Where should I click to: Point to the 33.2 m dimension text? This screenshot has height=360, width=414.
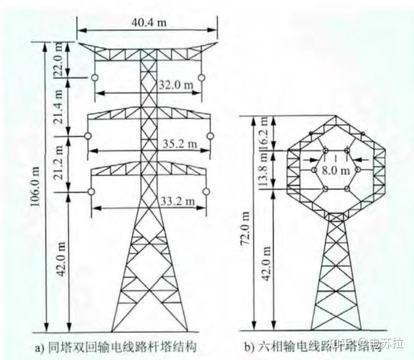tap(179, 201)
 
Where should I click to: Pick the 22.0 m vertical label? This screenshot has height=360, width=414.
tap(60, 60)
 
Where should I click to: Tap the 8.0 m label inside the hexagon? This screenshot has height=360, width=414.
tap(336, 171)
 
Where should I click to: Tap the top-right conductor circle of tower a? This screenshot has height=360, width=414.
tap(201, 77)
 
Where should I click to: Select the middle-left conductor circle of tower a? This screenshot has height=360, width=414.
tap(88, 136)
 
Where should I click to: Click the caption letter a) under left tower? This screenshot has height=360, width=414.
tap(38, 347)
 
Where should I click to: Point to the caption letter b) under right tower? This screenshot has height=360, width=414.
tap(249, 347)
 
